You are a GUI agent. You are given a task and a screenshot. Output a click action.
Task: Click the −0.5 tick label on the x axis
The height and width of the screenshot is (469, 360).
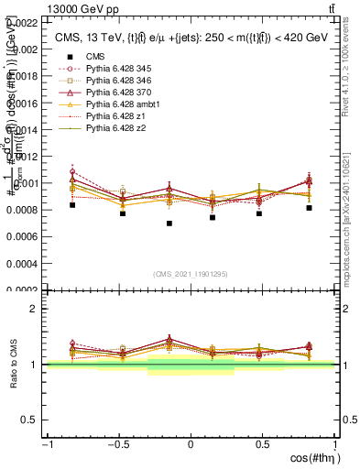coord(118,445)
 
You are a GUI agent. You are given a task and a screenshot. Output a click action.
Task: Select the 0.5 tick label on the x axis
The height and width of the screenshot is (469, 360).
coord(263,445)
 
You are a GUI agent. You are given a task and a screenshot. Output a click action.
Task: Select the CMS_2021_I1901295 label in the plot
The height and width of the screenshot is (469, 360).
coord(191,274)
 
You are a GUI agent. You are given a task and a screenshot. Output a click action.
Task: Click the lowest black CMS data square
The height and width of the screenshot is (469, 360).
coord(169,224)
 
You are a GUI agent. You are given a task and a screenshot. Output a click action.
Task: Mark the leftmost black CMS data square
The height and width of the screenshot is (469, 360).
coord(72,205)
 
